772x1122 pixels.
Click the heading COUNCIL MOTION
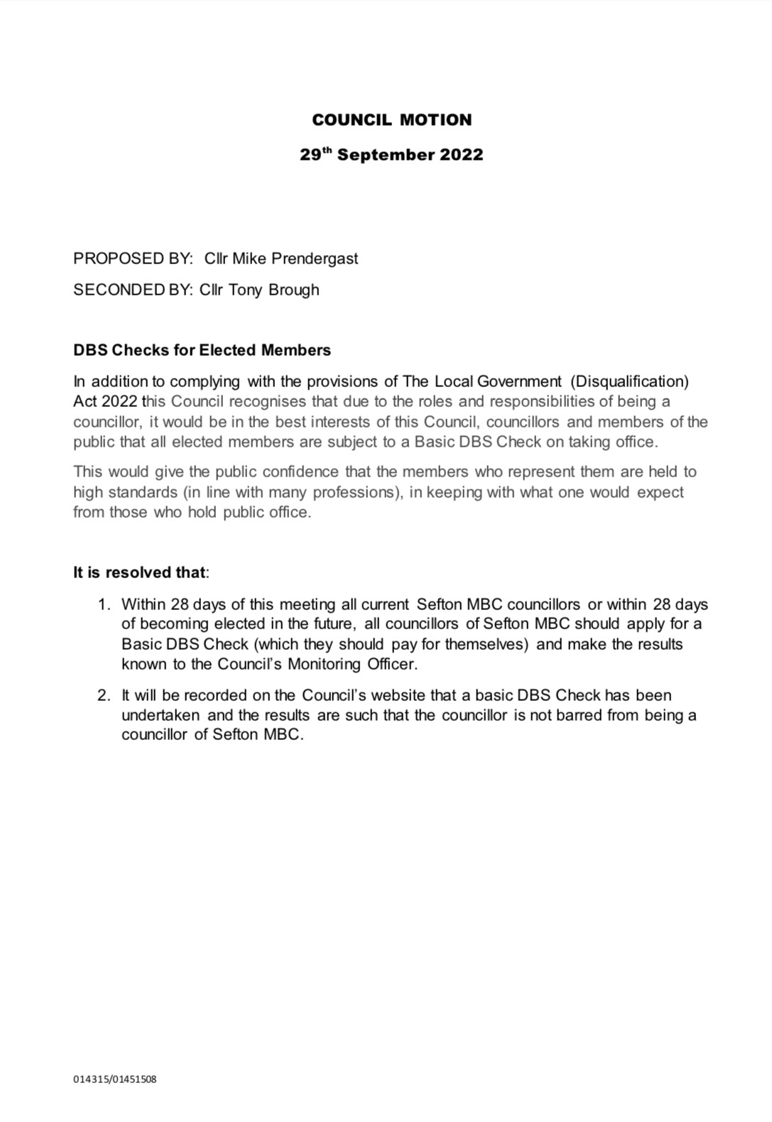[x=391, y=120]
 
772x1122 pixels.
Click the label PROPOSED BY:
[x=133, y=258]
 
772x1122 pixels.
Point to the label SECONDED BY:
[x=133, y=290]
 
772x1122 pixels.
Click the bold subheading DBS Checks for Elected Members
[x=202, y=350]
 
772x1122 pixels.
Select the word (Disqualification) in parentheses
[x=629, y=381]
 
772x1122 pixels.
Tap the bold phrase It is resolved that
[x=140, y=572]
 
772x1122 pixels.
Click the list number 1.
[x=104, y=604]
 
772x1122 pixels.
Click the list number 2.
[x=104, y=695]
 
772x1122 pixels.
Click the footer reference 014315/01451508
[x=115, y=1079]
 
